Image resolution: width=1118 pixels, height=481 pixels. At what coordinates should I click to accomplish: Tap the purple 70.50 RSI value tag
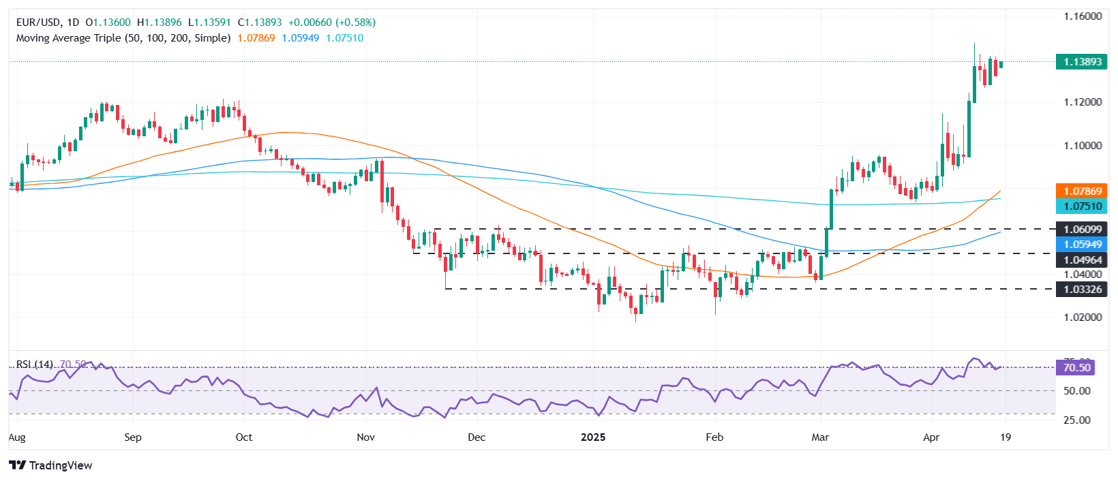(1076, 368)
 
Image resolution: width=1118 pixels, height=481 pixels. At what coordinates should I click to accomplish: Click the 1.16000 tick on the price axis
(1083, 16)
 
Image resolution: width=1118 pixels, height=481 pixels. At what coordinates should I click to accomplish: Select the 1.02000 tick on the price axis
(1083, 317)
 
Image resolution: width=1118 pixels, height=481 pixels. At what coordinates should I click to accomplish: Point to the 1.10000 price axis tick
(1083, 146)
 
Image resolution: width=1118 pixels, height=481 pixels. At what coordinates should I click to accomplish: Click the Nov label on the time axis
(366, 437)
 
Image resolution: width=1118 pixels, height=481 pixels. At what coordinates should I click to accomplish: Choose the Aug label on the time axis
(17, 437)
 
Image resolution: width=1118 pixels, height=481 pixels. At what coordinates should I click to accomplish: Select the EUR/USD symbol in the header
(38, 22)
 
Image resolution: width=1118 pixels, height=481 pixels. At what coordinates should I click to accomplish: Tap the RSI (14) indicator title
(34, 364)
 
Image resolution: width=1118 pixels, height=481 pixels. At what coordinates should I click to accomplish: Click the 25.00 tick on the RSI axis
(1077, 420)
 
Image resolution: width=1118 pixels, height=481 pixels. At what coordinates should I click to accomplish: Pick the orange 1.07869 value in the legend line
(256, 38)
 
